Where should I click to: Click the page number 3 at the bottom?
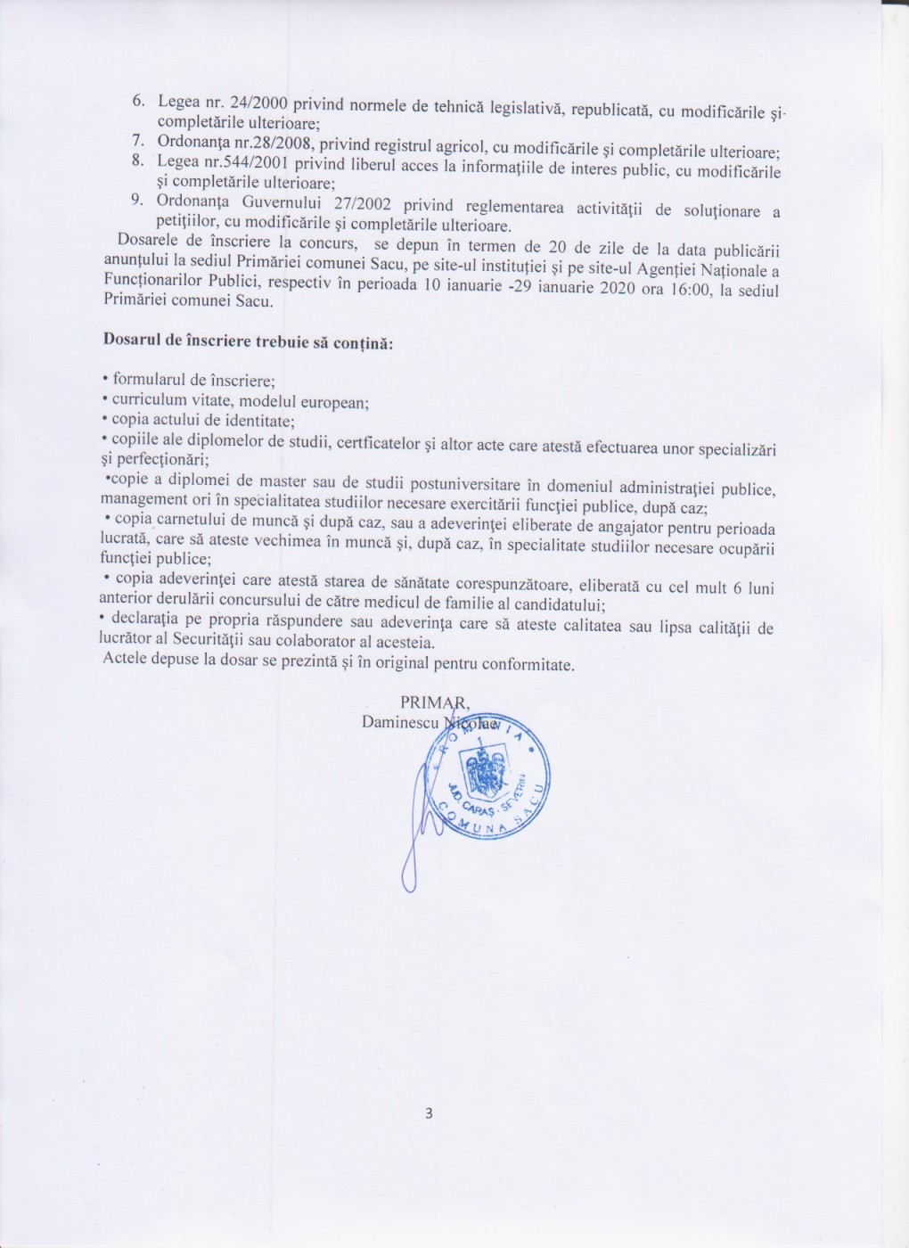[429, 1113]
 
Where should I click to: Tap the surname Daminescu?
[400, 721]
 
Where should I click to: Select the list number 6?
[139, 102]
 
